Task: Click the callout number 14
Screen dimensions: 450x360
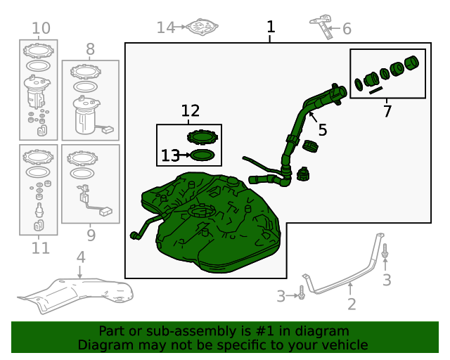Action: [x=166, y=28]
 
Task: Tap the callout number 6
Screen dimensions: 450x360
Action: [x=347, y=29]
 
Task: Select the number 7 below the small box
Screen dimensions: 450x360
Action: [x=387, y=111]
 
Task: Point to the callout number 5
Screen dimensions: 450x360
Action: [x=323, y=130]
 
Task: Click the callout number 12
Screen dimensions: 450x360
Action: [x=191, y=111]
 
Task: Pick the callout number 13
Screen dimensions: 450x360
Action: [x=170, y=155]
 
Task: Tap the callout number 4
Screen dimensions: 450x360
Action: [x=81, y=257]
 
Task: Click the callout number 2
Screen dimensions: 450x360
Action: [x=352, y=304]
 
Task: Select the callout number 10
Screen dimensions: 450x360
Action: [x=41, y=28]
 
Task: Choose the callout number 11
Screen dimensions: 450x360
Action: [x=41, y=248]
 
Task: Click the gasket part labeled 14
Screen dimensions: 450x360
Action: [x=202, y=27]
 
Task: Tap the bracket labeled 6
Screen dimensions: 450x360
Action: [x=326, y=27]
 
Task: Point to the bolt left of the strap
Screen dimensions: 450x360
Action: [x=302, y=292]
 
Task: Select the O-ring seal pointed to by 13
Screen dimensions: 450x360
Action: [x=202, y=155]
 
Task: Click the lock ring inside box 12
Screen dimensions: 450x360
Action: [x=202, y=136]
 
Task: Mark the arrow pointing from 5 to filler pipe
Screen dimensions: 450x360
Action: [x=313, y=117]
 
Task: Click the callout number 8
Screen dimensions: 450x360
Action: [x=90, y=49]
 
